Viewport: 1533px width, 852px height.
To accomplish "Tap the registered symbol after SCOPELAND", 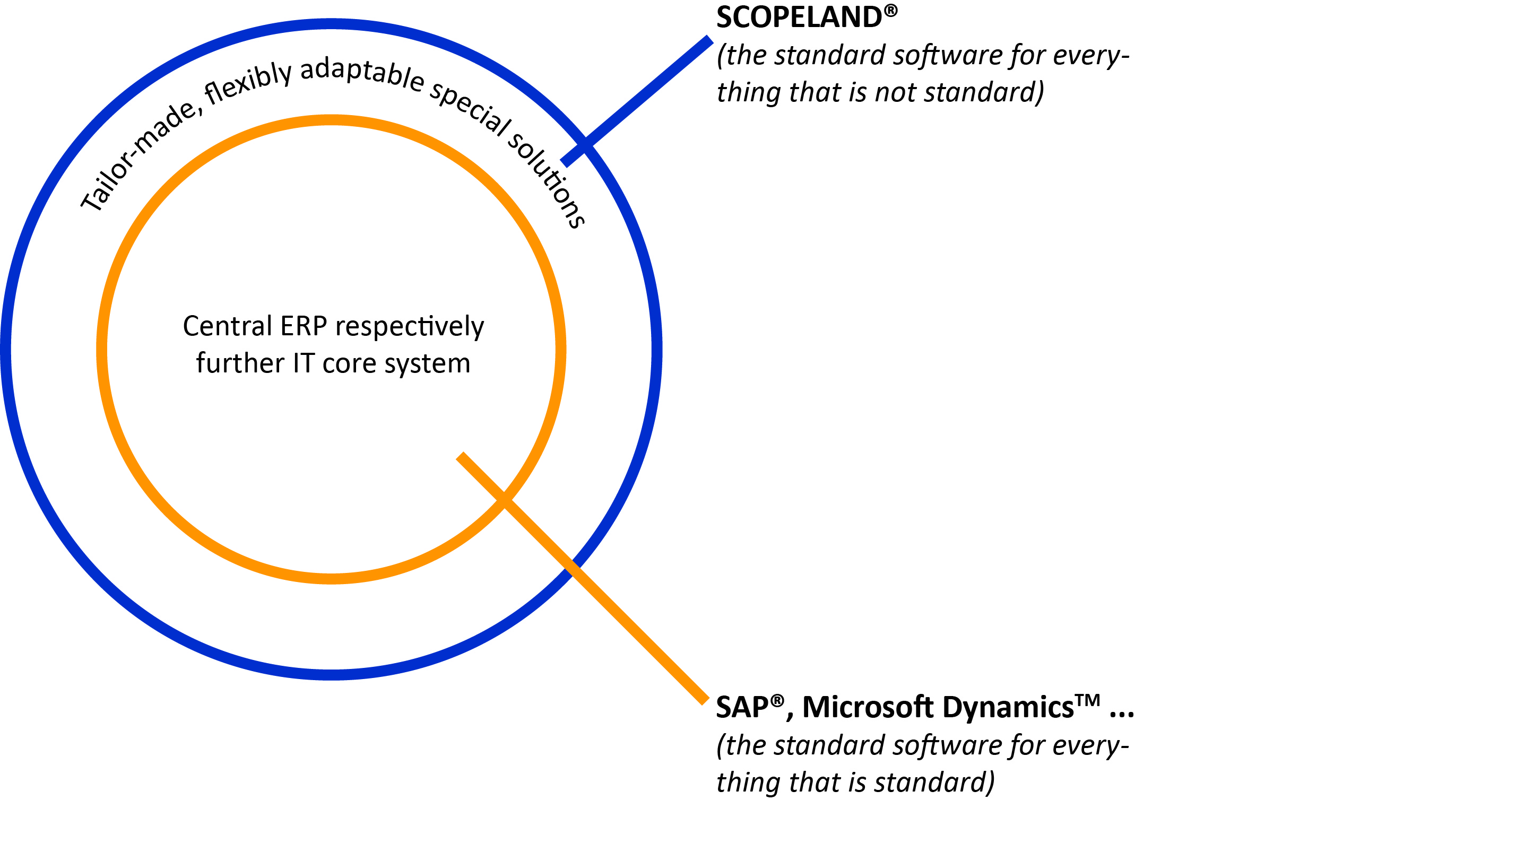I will coord(890,10).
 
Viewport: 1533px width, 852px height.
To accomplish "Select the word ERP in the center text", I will coord(304,326).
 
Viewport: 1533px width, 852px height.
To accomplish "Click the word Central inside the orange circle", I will coord(227,326).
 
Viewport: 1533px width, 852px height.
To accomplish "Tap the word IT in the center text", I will coord(304,363).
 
